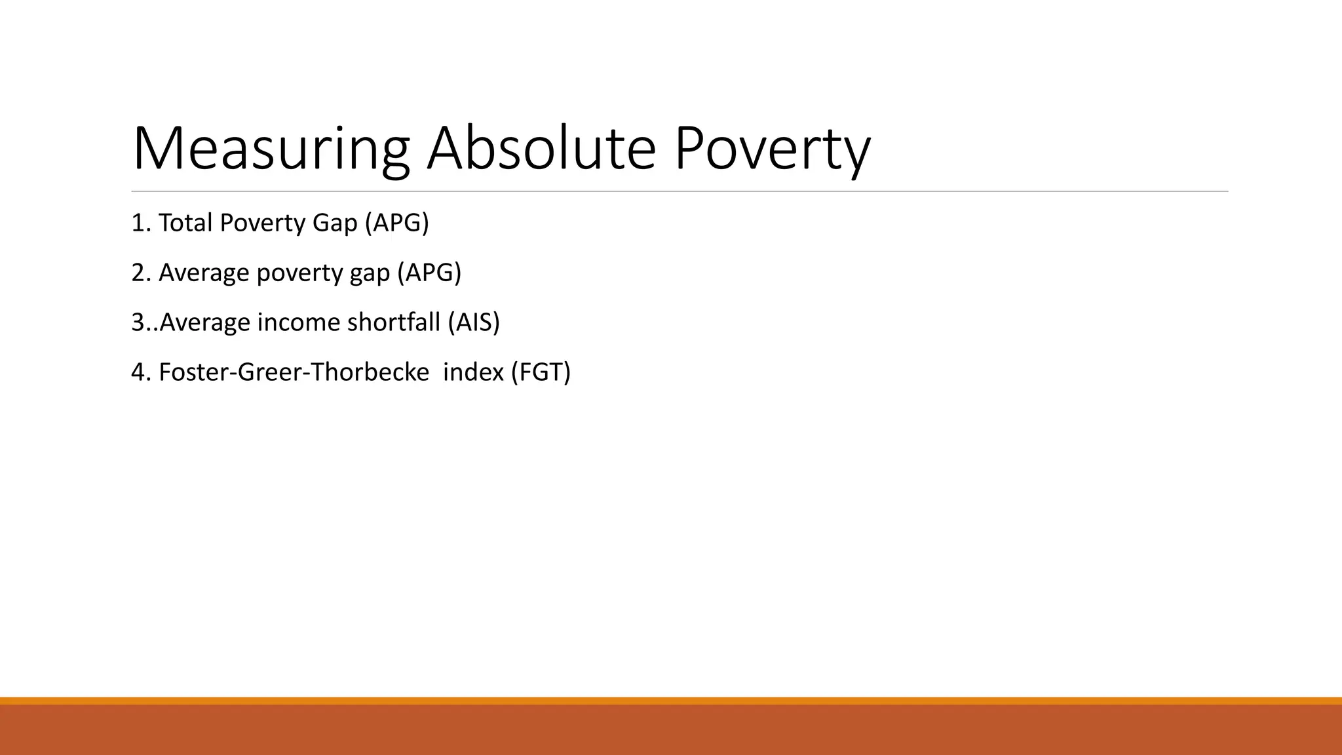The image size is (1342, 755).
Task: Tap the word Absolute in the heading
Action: coord(541,149)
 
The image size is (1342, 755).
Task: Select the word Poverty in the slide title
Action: coord(772,149)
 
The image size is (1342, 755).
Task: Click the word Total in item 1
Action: coord(185,223)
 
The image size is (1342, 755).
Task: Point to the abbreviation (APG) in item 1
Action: coord(396,223)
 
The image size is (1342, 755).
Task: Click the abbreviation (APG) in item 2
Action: coord(429,273)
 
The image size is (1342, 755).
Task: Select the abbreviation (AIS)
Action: coord(474,322)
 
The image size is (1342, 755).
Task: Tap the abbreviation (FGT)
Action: coord(541,372)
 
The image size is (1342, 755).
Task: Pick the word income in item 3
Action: coord(298,322)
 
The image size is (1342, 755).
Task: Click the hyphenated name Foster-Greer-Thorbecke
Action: coord(294,372)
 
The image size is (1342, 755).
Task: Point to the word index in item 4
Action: coord(473,372)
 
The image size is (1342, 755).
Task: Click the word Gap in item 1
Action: coord(335,224)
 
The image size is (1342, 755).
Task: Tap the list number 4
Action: coord(138,372)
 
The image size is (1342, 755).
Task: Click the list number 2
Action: coord(138,273)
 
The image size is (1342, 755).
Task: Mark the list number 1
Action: coord(138,223)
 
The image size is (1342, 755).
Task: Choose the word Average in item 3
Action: coord(204,322)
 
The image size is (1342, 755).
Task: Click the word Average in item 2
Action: coord(204,273)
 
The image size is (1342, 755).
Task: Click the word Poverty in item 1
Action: coord(262,224)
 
